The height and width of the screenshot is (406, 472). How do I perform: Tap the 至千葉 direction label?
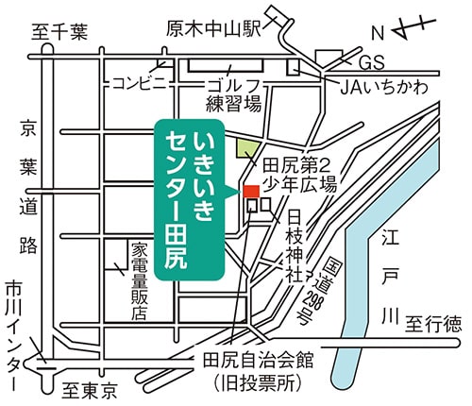pos(59,32)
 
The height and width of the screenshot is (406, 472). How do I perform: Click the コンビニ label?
pos(140,83)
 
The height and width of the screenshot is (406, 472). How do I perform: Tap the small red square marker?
pos(252,192)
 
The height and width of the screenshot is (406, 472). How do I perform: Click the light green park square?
pos(246,148)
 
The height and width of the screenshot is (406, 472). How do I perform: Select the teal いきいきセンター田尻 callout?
pos(190,198)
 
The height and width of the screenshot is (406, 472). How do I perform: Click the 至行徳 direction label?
pos(433,325)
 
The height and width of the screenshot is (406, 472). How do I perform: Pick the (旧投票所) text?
pos(265,385)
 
